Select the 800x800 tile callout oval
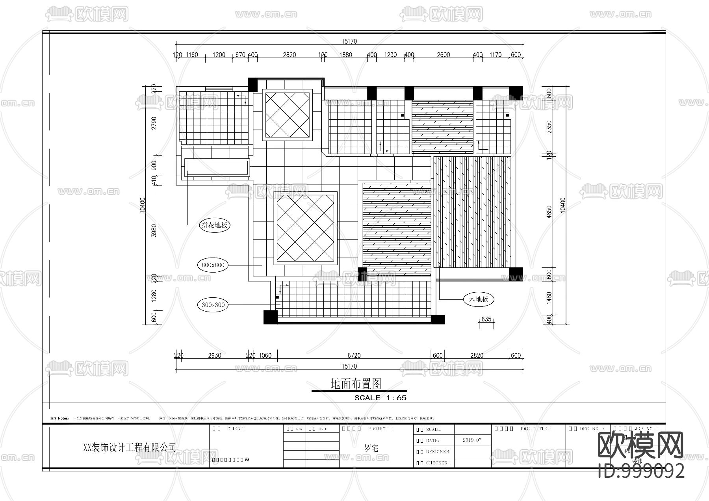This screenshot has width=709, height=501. click(x=213, y=265)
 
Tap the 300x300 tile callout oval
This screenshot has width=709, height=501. click(x=213, y=305)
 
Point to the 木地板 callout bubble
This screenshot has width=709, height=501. click(x=478, y=299)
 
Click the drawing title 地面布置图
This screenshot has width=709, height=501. click(x=356, y=384)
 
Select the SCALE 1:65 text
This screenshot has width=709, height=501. click(x=380, y=398)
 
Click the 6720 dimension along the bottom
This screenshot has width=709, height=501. click(x=354, y=355)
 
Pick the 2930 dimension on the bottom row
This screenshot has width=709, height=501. click(x=215, y=355)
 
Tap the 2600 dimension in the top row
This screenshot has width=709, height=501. click(x=443, y=55)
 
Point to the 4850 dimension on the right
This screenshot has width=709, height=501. click(x=549, y=212)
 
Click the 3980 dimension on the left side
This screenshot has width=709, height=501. click(x=154, y=230)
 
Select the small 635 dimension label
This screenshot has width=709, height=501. click(x=486, y=319)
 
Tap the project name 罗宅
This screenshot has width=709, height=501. click(x=371, y=448)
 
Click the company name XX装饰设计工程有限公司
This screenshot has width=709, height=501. click(x=130, y=447)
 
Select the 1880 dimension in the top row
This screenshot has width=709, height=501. click(x=345, y=55)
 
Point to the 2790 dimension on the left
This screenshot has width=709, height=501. click(x=154, y=123)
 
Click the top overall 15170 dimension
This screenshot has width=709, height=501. click(x=349, y=41)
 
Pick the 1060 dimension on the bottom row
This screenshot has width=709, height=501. click(x=265, y=355)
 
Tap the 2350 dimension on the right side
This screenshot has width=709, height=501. click(x=549, y=126)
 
